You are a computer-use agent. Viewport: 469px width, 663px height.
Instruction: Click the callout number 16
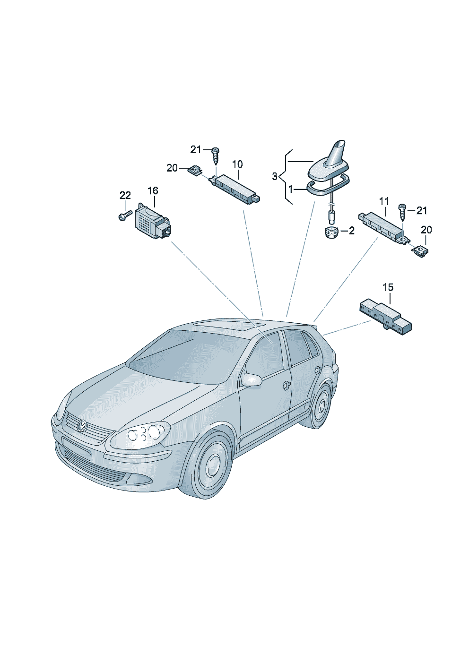tap(153, 190)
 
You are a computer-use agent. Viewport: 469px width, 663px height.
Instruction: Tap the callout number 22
tap(125, 195)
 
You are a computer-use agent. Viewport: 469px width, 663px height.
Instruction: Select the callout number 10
tap(237, 164)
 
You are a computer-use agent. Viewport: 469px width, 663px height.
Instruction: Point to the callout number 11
tap(384, 202)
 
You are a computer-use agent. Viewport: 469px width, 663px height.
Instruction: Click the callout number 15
tap(388, 287)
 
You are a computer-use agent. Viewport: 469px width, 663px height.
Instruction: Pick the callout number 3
tap(275, 177)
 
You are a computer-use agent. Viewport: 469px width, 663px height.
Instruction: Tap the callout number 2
tap(351, 231)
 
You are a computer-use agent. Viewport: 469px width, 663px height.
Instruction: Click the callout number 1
tap(290, 189)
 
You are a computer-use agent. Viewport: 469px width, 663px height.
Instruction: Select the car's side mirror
tap(252, 379)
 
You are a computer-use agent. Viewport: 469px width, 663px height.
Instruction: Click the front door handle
tap(287, 385)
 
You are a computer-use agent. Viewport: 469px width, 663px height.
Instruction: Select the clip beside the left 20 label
tap(195, 171)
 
